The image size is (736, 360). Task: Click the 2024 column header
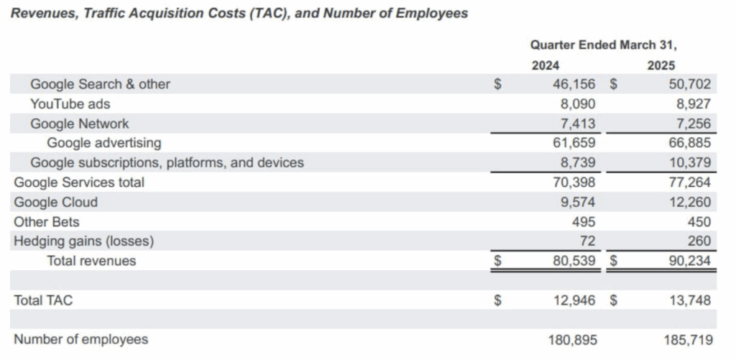pyautogui.click(x=545, y=65)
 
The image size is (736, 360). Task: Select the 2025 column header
pyautogui.click(x=661, y=65)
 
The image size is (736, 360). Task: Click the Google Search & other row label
pyautogui.click(x=100, y=85)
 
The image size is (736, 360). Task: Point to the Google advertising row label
pyautogui.click(x=103, y=143)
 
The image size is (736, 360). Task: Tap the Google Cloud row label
pyautogui.click(x=56, y=203)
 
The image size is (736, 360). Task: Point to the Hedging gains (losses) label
pyautogui.click(x=84, y=241)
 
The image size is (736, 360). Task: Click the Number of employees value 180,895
pyautogui.click(x=573, y=340)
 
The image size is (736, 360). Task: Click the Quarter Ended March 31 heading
pyautogui.click(x=604, y=45)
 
